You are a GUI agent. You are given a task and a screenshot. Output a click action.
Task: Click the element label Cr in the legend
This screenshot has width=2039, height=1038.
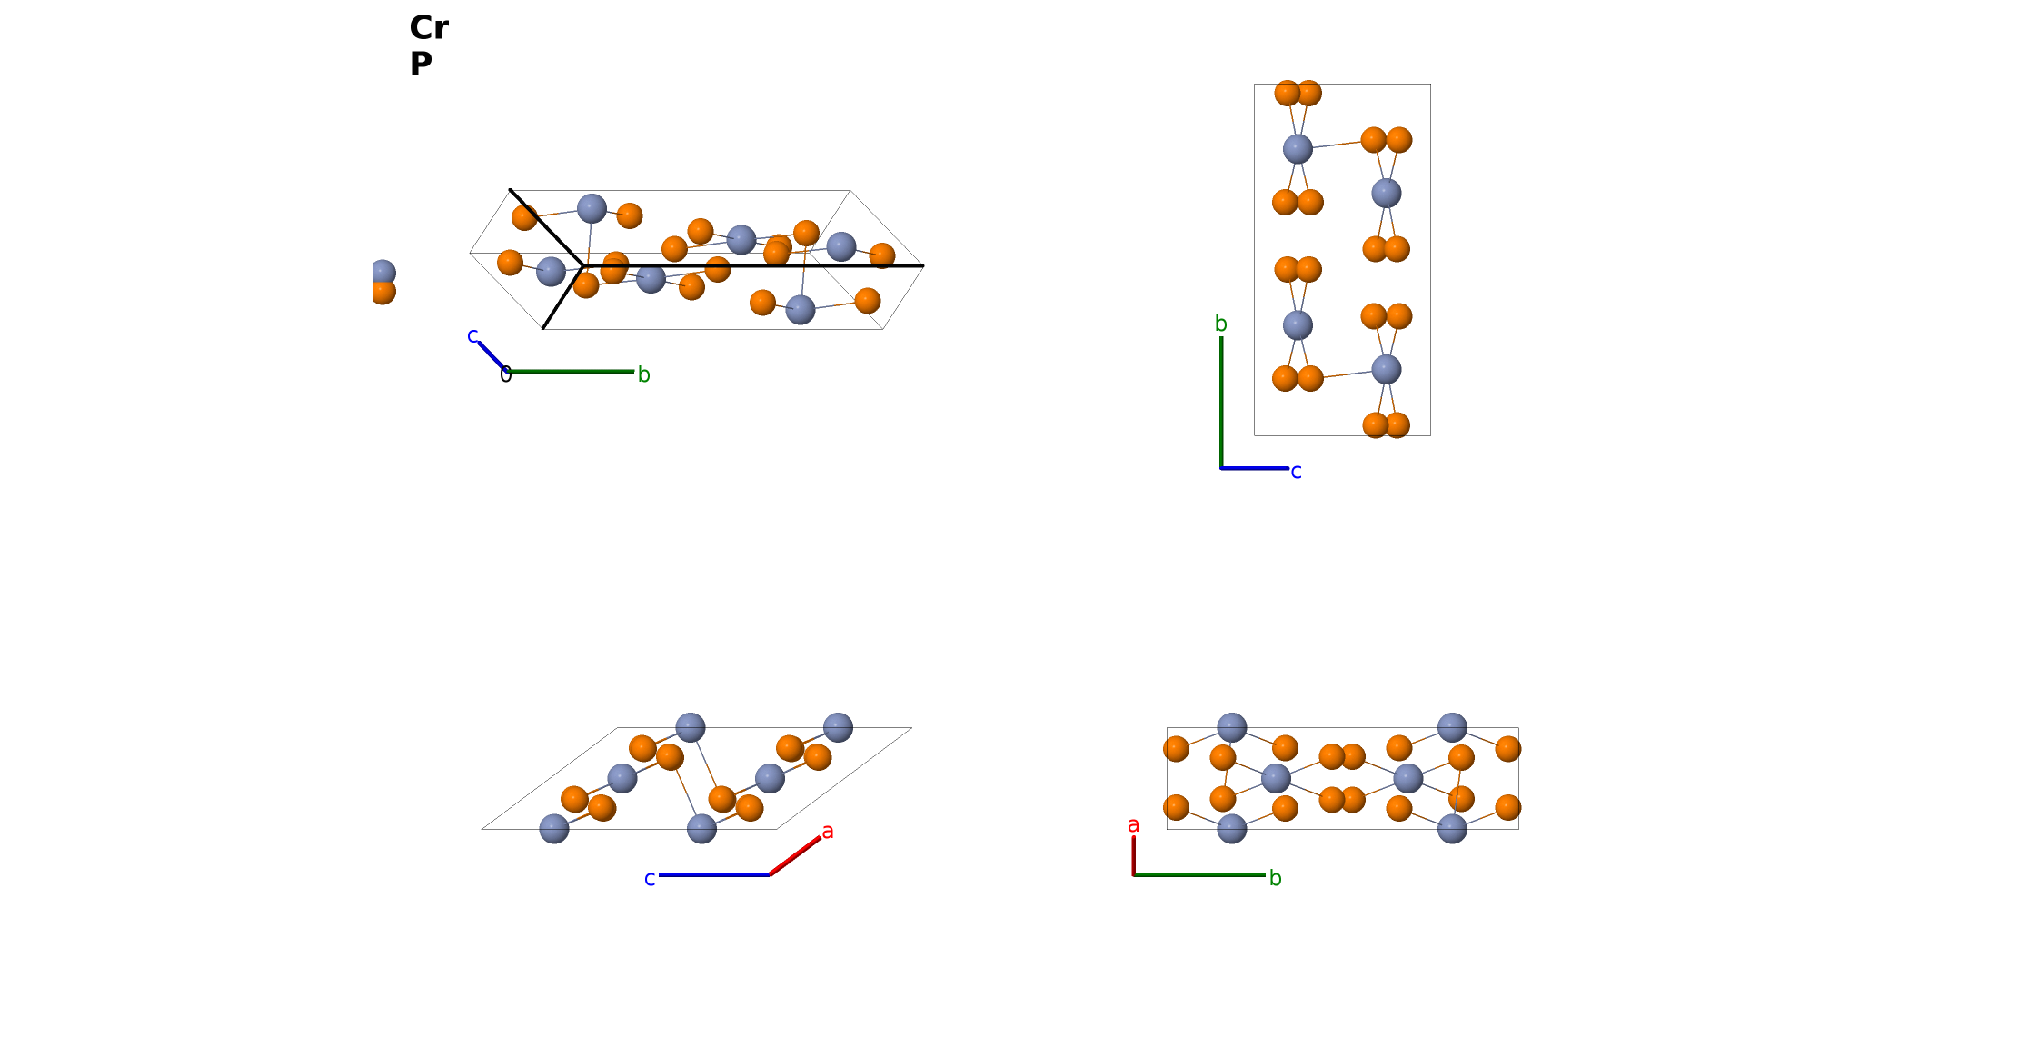tap(429, 27)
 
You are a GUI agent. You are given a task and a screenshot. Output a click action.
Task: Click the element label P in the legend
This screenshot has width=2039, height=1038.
tap(421, 64)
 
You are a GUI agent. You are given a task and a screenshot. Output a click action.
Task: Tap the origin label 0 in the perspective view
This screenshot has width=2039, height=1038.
tap(506, 374)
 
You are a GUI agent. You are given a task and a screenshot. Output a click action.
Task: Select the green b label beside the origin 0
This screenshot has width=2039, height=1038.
tap(643, 374)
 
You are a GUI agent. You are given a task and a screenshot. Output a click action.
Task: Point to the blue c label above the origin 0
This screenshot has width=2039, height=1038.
tap(472, 336)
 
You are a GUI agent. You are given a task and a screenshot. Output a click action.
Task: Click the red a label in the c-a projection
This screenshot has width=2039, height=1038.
tap(828, 831)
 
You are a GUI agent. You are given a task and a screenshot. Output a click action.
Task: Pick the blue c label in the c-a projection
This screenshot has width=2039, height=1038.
tap(650, 879)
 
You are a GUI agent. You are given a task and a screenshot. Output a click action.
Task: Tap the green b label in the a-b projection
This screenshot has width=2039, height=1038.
tap(1276, 878)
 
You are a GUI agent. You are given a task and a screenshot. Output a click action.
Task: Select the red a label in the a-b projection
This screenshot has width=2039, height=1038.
tap(1133, 825)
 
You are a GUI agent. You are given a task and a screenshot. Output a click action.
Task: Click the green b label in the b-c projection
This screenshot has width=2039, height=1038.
tap(1221, 324)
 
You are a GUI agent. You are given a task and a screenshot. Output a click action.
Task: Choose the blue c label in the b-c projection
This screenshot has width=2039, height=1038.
tap(1297, 472)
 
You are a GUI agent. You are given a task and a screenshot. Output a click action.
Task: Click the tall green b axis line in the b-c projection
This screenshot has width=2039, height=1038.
tap(1221, 403)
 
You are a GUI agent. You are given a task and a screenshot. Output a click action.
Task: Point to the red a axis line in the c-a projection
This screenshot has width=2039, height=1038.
tap(795, 856)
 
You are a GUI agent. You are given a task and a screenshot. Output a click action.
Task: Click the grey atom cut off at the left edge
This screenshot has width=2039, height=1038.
tap(383, 273)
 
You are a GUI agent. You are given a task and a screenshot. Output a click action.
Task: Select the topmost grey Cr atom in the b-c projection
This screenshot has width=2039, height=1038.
tap(1298, 149)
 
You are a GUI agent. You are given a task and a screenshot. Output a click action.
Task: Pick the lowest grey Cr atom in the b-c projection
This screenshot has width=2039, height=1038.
tap(1386, 369)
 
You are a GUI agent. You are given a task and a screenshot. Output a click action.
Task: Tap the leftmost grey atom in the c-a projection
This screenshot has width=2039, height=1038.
tap(554, 829)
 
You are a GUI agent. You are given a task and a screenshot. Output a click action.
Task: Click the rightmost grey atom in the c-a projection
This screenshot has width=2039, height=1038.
tap(838, 727)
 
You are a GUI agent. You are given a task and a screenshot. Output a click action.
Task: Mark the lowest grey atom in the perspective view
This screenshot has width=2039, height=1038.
tap(801, 310)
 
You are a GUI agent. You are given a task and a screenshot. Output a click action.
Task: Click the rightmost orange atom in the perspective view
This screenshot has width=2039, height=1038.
tap(882, 255)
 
